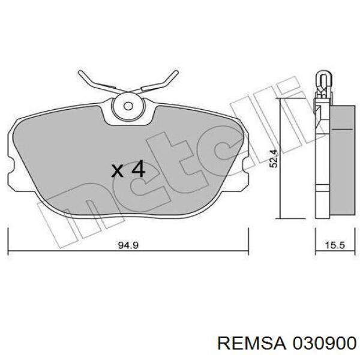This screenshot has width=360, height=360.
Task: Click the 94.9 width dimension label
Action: pos(128,245)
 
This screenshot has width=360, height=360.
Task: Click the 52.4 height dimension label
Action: pos(274,159)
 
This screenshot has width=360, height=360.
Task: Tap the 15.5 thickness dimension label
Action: pos(335,245)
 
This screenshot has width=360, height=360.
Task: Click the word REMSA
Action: pos(251,344)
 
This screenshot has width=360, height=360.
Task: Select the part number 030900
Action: pos(324,344)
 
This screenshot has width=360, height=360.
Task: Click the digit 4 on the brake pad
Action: pos(138,169)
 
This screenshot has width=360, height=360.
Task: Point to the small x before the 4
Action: pos(117,171)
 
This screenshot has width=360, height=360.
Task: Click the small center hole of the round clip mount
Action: pos(128,106)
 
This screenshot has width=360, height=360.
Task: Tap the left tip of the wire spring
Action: pos(80,72)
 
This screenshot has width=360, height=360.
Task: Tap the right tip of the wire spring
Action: pos(176,72)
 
